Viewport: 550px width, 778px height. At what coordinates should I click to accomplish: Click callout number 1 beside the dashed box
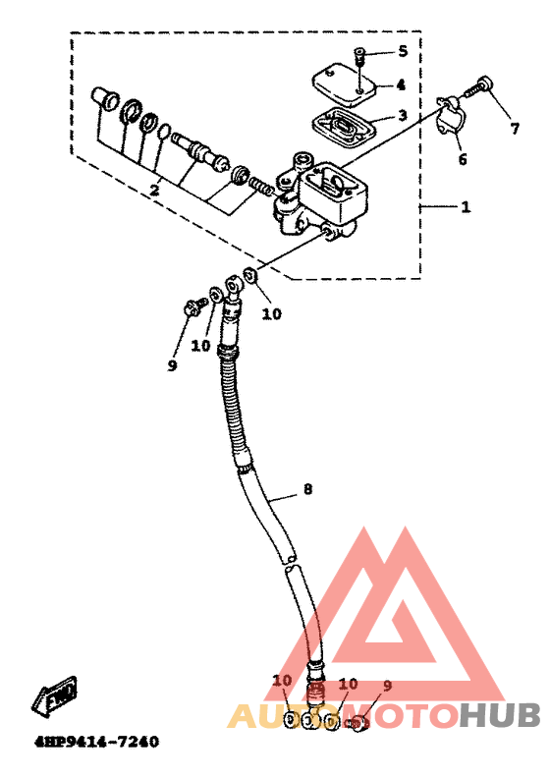[x=466, y=206]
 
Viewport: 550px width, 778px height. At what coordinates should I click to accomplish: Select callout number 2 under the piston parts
[x=155, y=190]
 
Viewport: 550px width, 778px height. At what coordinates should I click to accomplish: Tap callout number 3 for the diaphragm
[x=402, y=115]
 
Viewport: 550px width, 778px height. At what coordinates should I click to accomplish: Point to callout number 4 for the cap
[x=401, y=84]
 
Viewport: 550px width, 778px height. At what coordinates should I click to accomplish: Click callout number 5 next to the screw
[x=403, y=51]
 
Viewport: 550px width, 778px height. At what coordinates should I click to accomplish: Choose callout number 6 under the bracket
[x=463, y=159]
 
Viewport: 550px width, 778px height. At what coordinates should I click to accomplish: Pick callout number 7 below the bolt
[x=515, y=129]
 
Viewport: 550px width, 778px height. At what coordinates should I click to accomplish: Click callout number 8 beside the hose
[x=307, y=489]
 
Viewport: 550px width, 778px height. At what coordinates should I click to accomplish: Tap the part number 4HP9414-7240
[x=96, y=742]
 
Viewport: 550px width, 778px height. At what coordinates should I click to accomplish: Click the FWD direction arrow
[x=55, y=695]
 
